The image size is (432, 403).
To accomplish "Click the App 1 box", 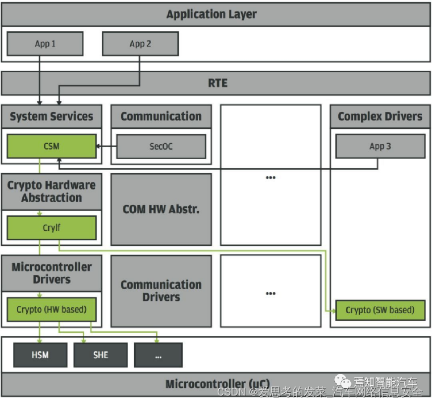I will [45, 44].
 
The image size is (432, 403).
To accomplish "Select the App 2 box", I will [140, 44].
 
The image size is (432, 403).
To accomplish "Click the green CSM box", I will [51, 147].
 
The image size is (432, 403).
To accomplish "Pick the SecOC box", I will [161, 147].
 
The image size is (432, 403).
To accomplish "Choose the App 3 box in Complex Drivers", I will [380, 147].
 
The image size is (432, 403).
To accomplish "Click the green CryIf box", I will [51, 228].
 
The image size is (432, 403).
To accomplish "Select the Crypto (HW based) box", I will [51, 310].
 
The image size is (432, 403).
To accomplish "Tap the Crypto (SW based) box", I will [380, 310].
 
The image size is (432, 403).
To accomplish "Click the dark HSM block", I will [40, 355].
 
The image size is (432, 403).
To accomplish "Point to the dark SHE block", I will [100, 355].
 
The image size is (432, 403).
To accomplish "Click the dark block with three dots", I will [158, 355].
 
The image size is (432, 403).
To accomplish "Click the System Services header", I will [51, 117].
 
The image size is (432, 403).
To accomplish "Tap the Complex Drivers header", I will [380, 117].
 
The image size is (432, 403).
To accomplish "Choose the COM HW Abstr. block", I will [161, 209].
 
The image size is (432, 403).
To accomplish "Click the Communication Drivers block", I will [161, 290].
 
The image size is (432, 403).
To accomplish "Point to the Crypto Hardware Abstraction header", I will [51, 192].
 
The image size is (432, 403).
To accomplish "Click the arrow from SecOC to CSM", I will [106, 147].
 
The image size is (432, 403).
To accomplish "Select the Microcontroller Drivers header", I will [51, 273].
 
